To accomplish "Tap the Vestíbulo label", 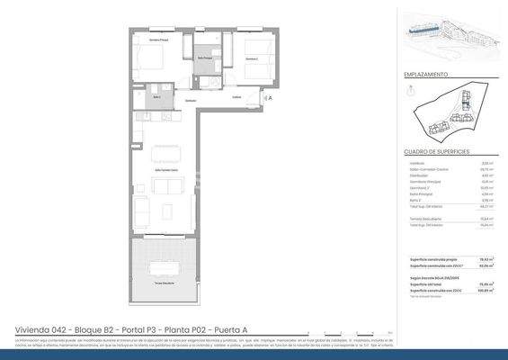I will click(x=236, y=97).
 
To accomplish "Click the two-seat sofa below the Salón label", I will click(x=167, y=186).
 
